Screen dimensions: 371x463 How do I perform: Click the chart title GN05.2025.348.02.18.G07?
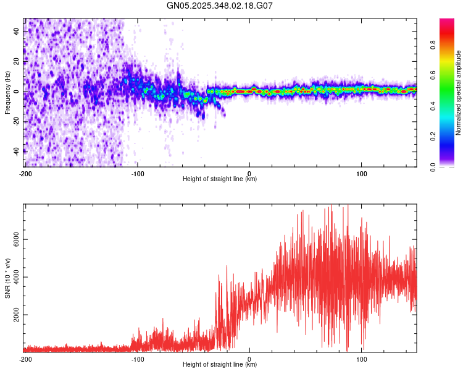(220, 6)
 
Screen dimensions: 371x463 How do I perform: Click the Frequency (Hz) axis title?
(7, 92)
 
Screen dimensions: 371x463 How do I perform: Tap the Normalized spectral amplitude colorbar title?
(458, 93)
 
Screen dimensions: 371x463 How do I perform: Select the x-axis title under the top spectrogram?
(220, 179)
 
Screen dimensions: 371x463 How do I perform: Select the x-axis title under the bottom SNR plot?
(220, 365)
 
